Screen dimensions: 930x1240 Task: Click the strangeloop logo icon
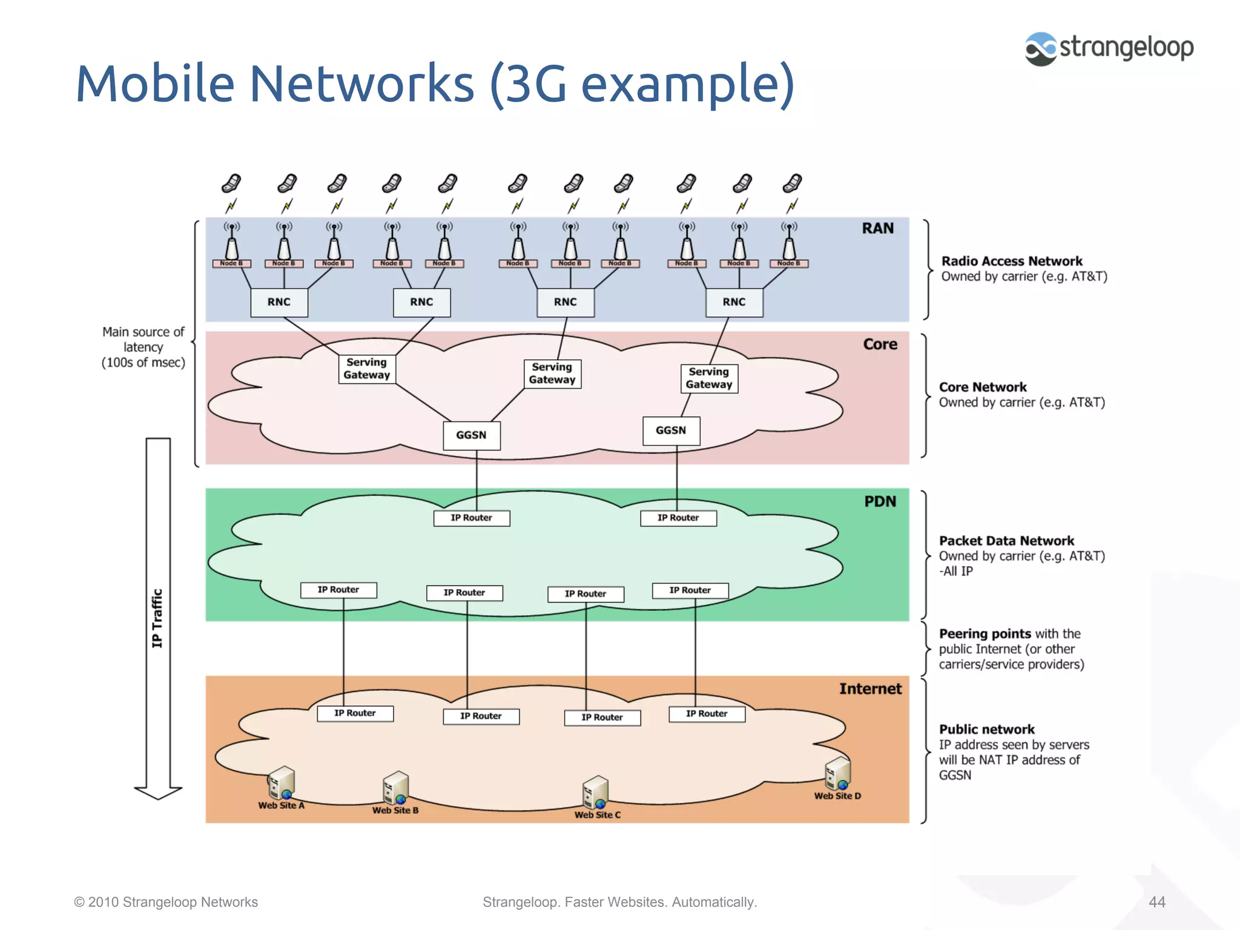pos(1041,49)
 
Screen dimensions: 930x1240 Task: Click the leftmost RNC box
pos(279,302)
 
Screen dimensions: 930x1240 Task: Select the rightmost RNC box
pos(734,302)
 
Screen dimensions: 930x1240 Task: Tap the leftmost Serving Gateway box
pos(366,369)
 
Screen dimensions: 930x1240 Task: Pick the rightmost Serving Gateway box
pos(709,378)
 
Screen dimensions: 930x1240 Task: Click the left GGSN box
pos(471,435)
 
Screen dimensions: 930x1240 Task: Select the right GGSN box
pos(671,430)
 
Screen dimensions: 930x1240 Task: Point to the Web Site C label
pos(597,815)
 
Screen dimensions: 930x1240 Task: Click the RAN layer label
pos(877,228)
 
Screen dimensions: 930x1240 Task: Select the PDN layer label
pos(880,501)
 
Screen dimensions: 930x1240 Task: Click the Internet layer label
pos(870,689)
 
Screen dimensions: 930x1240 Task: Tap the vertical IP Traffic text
pos(157,618)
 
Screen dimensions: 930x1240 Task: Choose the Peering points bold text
pos(984,634)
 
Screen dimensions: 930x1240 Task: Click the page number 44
pos(1156,902)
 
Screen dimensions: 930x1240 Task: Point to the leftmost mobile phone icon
pos(231,183)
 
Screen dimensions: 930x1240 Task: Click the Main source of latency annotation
pos(143,348)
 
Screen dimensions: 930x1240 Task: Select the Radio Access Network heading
pos(1011,261)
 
